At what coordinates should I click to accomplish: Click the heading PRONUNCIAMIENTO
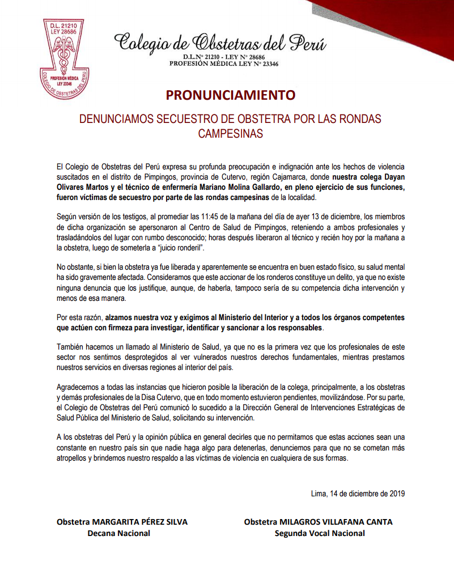click(231, 95)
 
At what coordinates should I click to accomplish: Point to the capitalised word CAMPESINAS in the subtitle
click(231, 134)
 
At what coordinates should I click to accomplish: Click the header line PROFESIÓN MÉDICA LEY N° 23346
click(224, 64)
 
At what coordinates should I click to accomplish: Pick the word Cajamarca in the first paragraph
click(277, 177)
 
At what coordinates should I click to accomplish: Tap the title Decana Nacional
click(118, 533)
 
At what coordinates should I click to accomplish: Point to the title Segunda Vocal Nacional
click(320, 533)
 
